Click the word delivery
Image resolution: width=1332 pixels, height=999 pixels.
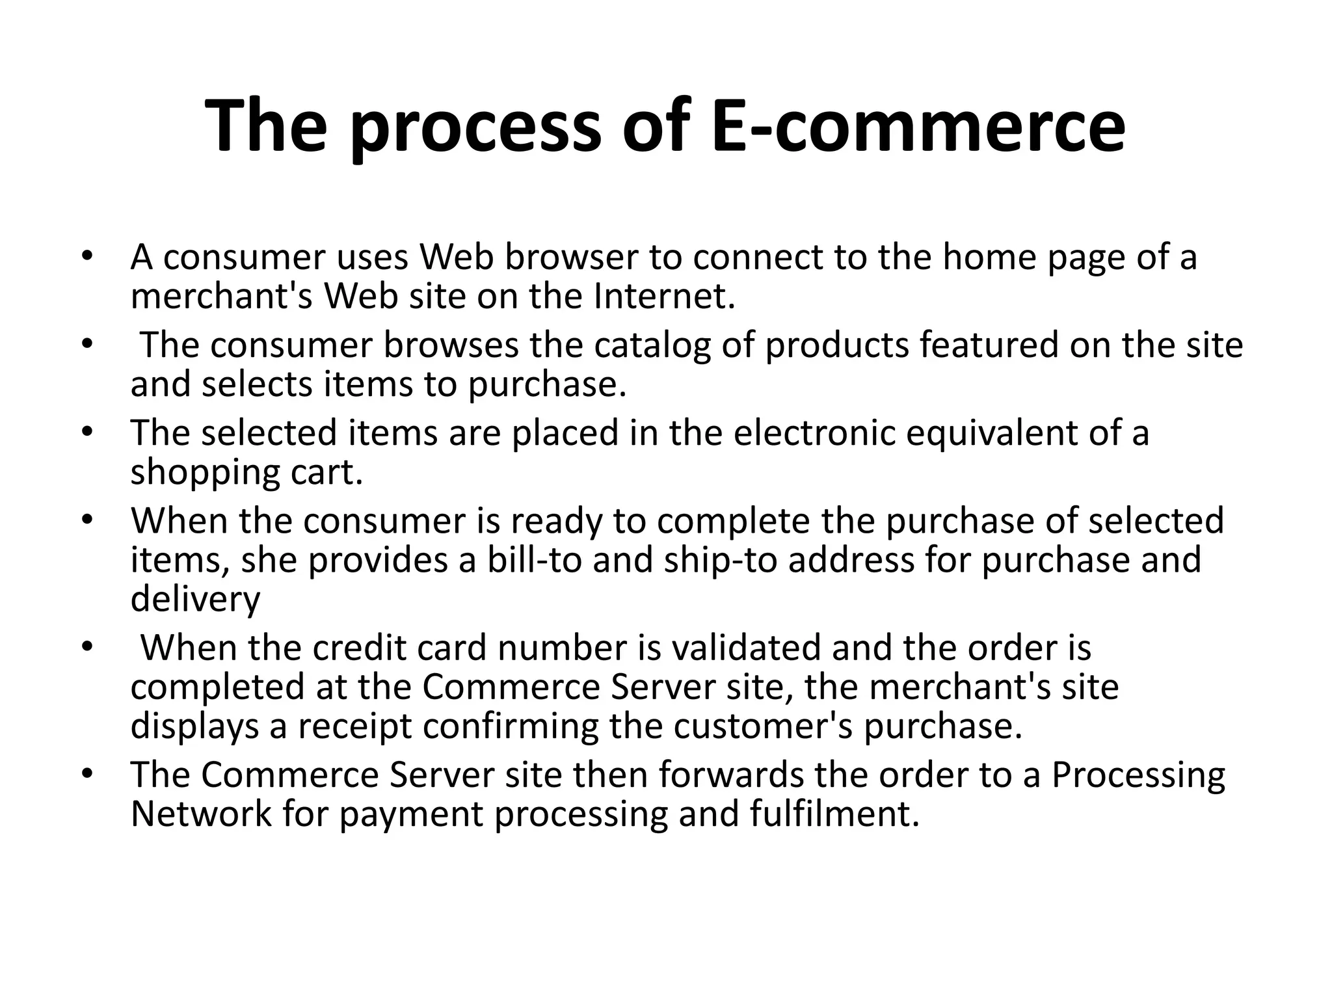click(x=195, y=600)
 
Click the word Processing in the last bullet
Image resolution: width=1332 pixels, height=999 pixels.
click(x=1138, y=776)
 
